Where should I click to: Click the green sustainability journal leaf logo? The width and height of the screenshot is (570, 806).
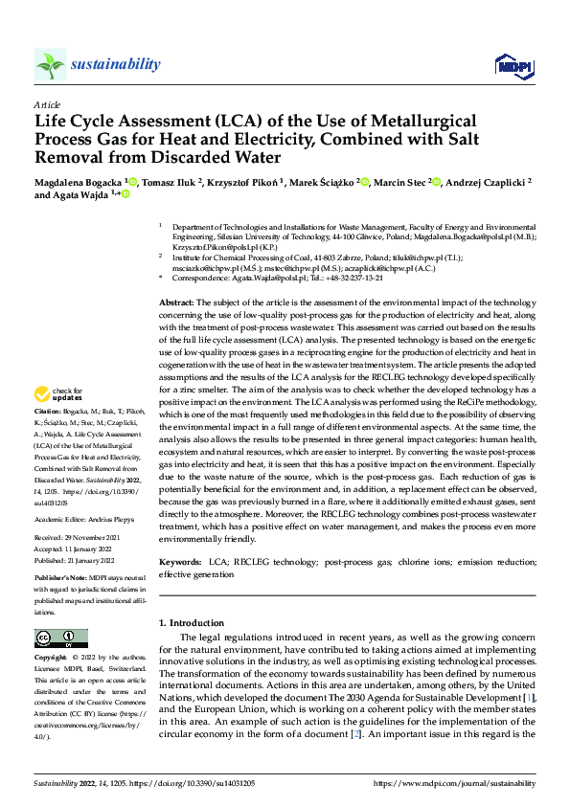51,64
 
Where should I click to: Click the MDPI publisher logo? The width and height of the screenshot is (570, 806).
512,64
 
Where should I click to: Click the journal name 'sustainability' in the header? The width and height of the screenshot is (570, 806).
116,64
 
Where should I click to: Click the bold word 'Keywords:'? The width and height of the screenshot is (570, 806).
180,562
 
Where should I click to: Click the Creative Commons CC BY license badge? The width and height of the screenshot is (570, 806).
61,638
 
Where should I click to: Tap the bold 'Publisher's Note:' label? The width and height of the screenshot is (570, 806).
61,580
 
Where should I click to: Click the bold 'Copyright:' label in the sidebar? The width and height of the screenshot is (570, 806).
52,659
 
